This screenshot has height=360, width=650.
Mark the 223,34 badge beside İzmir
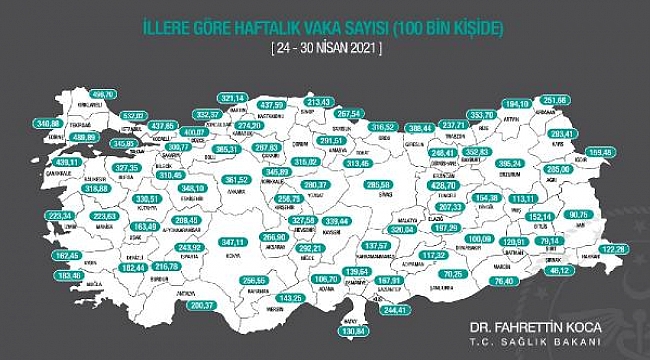(x=61, y=215)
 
